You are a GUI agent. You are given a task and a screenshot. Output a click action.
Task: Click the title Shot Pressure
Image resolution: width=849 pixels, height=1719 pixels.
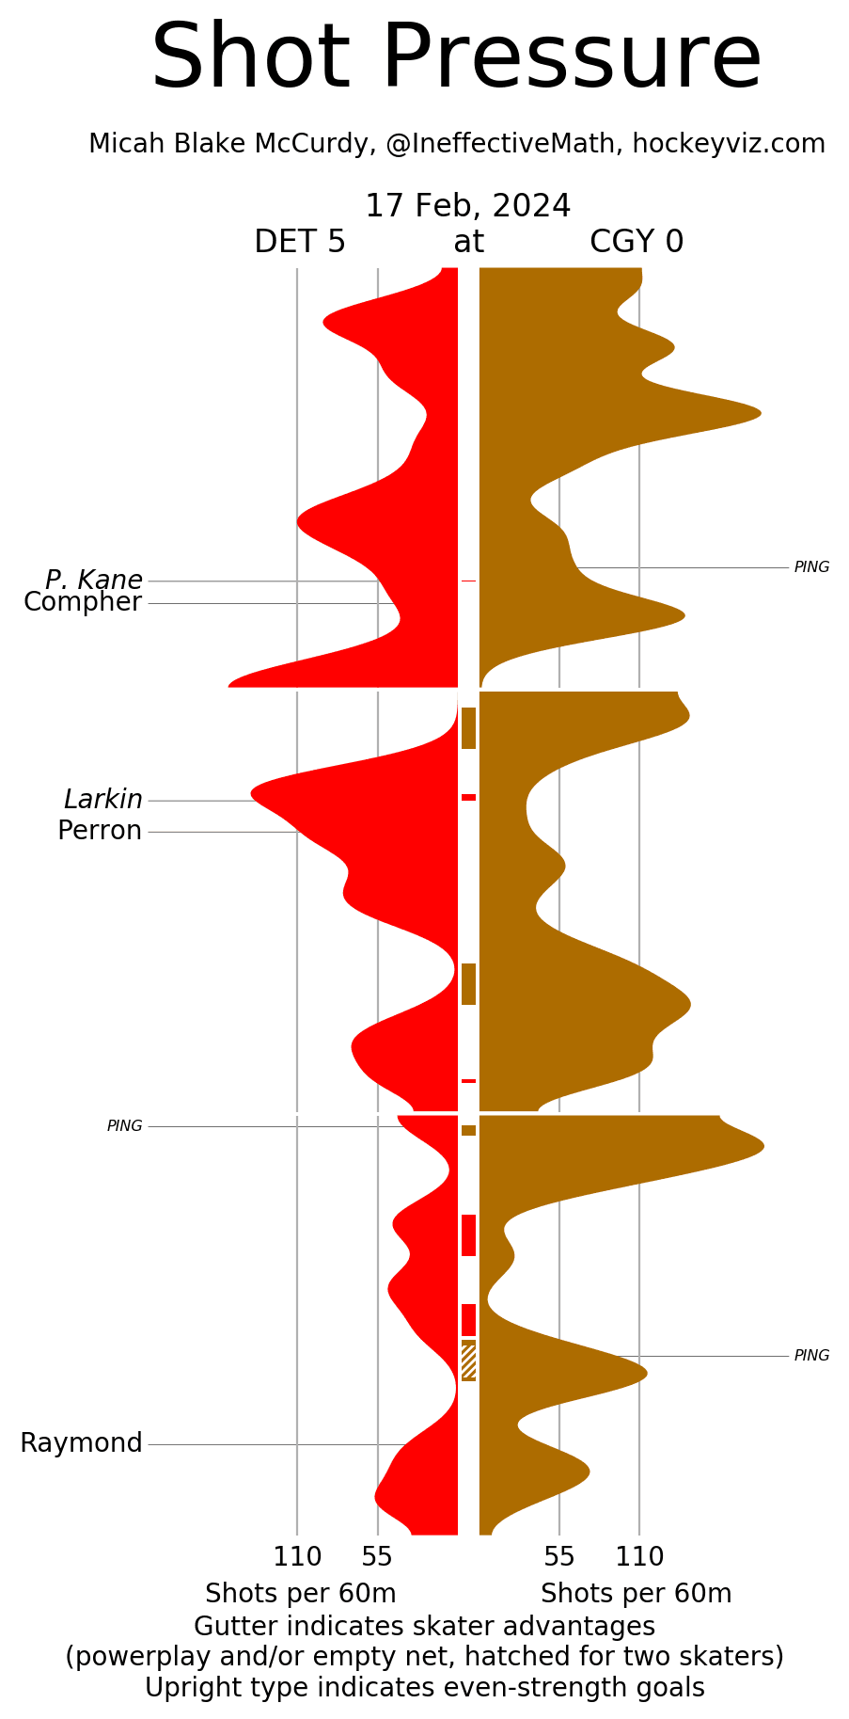(x=456, y=58)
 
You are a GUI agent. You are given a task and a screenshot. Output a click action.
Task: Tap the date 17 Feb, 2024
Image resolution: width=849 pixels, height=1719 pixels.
(x=467, y=206)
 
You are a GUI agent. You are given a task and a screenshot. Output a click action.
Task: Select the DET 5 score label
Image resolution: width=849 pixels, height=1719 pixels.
(x=300, y=242)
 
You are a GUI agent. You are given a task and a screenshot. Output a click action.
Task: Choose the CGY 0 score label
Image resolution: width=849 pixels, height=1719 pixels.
(x=637, y=242)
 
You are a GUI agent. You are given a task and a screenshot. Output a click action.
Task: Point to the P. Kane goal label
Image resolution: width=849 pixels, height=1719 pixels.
(x=94, y=580)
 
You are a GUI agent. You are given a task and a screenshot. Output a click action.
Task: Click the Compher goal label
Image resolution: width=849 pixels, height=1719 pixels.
(x=83, y=602)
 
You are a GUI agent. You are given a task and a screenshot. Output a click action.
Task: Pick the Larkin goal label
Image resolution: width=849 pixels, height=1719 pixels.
(x=103, y=800)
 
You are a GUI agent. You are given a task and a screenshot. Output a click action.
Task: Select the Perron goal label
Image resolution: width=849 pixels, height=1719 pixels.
(x=100, y=831)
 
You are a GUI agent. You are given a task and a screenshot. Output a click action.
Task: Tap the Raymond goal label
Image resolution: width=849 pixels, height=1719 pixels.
(x=81, y=1443)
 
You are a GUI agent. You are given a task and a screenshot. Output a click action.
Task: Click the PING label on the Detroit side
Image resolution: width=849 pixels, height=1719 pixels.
(x=124, y=1126)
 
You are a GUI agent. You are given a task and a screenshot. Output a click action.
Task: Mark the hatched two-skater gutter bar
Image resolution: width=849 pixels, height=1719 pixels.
(x=468, y=1361)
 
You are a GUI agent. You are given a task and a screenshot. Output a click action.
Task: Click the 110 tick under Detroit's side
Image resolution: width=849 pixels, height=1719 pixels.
(x=297, y=1557)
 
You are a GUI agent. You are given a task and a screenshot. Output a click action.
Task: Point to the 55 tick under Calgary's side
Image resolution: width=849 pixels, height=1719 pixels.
(x=559, y=1557)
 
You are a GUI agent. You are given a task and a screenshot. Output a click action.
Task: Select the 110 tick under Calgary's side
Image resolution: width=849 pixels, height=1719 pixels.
(x=639, y=1557)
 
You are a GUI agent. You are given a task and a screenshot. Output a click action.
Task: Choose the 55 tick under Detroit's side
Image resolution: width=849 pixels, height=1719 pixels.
(x=377, y=1557)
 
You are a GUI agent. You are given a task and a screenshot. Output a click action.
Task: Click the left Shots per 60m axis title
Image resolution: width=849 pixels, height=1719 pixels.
(x=301, y=1594)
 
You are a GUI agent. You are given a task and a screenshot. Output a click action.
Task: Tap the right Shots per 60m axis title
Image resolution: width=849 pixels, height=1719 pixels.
(x=636, y=1594)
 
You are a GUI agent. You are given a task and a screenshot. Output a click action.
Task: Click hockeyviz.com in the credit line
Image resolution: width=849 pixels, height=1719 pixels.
(x=729, y=144)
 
